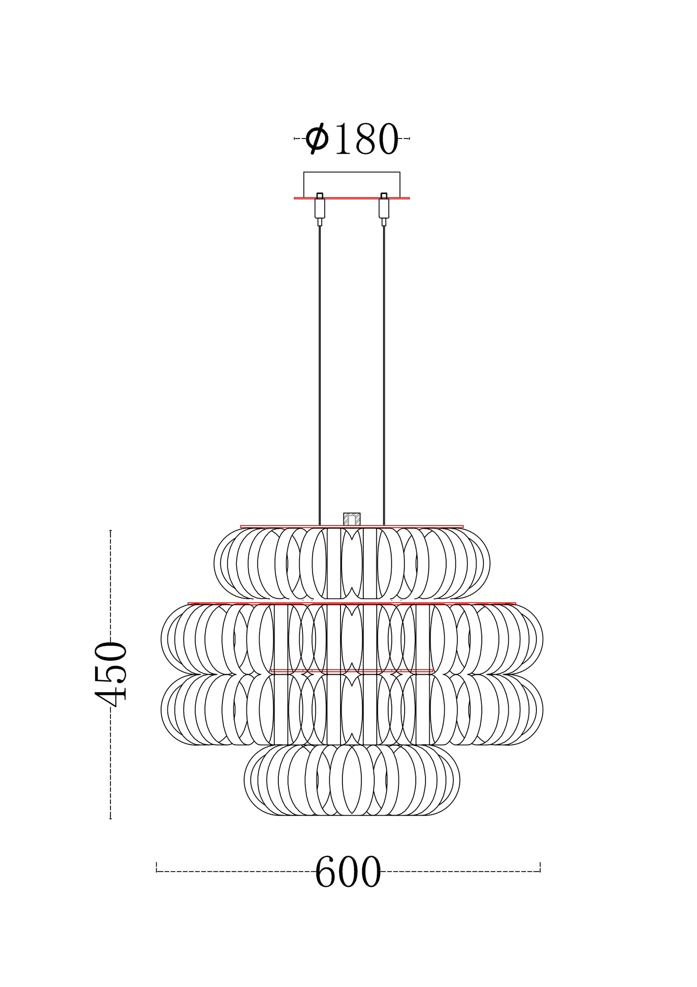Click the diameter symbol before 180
[317, 139]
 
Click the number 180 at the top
[367, 139]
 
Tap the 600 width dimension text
[348, 873]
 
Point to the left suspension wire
[320, 376]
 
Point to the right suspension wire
[384, 376]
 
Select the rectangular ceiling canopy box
[352, 184]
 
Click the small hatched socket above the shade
[352, 519]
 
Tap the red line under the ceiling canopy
[352, 198]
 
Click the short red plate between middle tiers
[352, 671]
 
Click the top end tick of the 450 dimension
[110, 531]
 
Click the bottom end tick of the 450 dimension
[110, 818]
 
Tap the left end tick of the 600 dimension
[157, 867]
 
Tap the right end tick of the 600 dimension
[540, 867]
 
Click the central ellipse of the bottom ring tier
[352, 779]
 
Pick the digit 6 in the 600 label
[326, 873]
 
